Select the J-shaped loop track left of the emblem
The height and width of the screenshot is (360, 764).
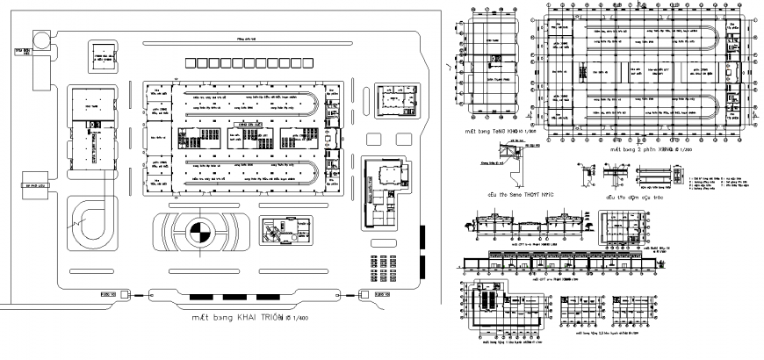point(90,221)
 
